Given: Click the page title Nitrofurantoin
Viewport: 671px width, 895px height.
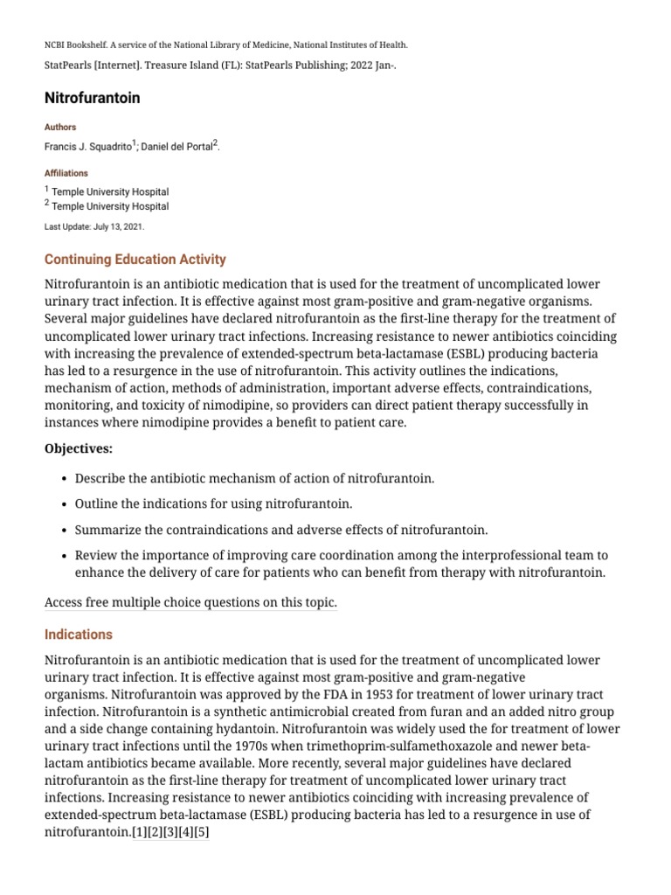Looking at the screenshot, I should (x=92, y=98).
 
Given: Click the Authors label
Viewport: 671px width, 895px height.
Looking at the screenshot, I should (x=60, y=127).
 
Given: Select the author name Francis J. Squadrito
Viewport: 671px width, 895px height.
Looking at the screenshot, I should (x=86, y=146).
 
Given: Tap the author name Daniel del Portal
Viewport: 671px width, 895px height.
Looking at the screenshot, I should (x=177, y=146).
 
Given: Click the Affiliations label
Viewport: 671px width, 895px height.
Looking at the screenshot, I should (x=66, y=173).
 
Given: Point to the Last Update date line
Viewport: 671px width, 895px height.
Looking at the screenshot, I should (x=94, y=226).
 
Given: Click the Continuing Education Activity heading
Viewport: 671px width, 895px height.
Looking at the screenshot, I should (x=135, y=260).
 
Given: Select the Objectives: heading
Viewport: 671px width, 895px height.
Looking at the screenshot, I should (x=79, y=449).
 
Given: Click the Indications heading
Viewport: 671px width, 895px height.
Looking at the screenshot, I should (x=79, y=635).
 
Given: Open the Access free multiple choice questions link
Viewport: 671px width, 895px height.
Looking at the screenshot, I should (x=190, y=602).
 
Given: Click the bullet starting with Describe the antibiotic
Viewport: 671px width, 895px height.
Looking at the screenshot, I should (x=254, y=479).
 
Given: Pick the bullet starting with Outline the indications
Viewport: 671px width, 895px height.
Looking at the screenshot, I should (x=213, y=504).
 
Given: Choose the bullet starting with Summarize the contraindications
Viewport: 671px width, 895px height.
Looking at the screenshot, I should (x=281, y=530).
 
